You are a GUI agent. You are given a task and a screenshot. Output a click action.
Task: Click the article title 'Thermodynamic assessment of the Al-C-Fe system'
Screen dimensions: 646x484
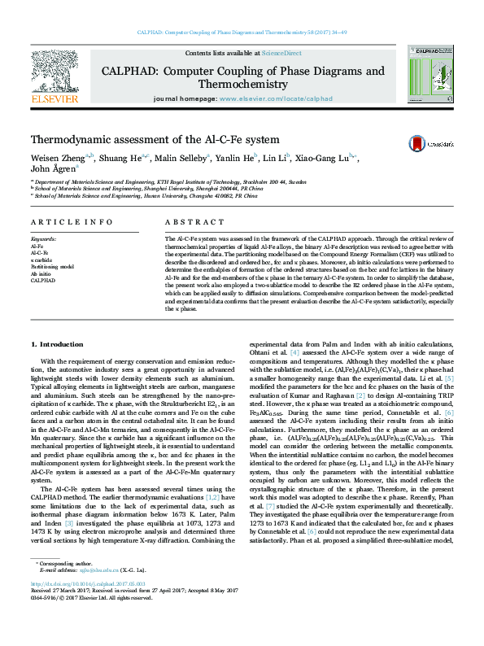[155, 140]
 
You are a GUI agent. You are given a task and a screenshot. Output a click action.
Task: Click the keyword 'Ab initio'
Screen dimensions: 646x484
[41, 273]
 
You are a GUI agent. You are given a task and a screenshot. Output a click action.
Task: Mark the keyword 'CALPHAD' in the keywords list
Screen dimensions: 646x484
[42, 281]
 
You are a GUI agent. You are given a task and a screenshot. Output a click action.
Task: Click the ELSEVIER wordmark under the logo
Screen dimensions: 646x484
[53, 99]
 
